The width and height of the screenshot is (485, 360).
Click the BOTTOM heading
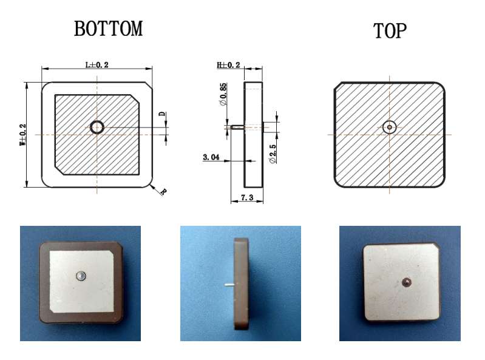[x=108, y=29]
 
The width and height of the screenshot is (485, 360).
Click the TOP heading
[x=389, y=31]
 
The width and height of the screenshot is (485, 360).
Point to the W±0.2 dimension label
[x=23, y=135]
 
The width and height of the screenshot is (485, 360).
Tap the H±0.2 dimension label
[x=228, y=65]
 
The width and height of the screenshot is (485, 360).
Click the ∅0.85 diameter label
[x=223, y=95]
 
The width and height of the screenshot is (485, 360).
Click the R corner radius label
[x=163, y=192]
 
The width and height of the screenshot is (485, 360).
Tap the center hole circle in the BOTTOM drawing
[x=97, y=127]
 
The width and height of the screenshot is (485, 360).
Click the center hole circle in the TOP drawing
[x=389, y=127]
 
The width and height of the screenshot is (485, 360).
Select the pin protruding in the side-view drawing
[x=237, y=127]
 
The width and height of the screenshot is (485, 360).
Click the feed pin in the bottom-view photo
[x=80, y=276]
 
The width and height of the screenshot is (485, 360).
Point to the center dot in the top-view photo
[x=405, y=282]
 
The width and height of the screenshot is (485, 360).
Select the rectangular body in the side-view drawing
[x=253, y=135]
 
